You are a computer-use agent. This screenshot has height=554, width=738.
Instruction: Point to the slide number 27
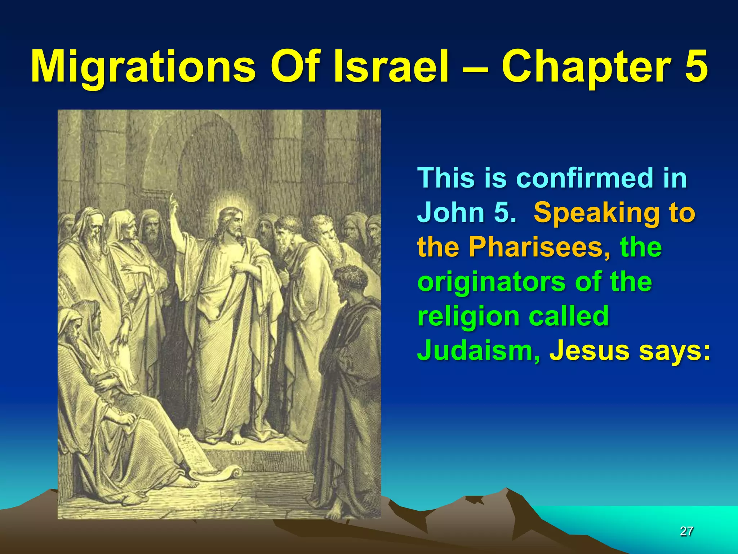[x=686, y=531]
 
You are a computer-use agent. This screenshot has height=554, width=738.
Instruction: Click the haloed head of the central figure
[x=231, y=221]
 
